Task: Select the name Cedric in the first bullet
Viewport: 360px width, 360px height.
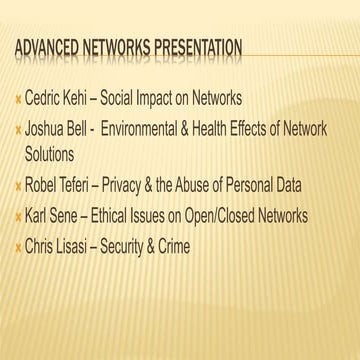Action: click(x=45, y=100)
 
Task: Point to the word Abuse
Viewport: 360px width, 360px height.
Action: click(x=233, y=185)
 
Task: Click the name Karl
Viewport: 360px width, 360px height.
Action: click(x=40, y=215)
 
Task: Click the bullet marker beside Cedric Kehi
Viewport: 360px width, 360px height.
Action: click(x=17, y=101)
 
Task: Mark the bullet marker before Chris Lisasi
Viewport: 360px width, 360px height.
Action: click(x=17, y=246)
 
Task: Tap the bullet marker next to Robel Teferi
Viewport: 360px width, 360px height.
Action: click(x=17, y=186)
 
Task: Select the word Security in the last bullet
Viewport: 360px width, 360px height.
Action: click(x=138, y=245)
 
